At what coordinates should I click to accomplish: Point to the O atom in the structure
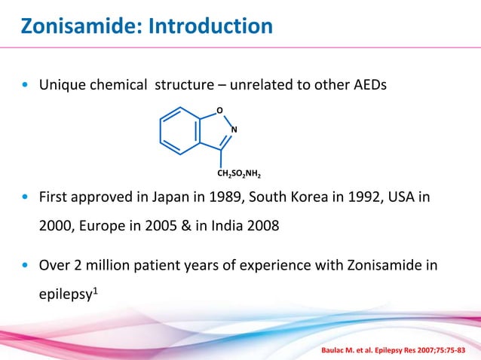(219, 111)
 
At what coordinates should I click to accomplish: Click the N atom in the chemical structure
(234, 130)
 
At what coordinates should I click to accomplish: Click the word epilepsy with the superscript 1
(65, 292)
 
